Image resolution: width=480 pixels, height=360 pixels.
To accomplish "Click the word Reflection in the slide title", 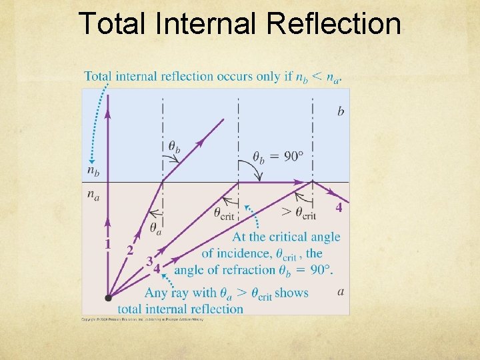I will [x=334, y=24].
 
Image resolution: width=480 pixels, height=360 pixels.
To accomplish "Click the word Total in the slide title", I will [x=110, y=24].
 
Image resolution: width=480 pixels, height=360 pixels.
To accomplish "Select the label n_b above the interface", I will [x=94, y=171].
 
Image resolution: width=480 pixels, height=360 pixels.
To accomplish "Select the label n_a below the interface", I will [x=94, y=195].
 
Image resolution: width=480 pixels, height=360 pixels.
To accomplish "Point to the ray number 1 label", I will [x=107, y=244].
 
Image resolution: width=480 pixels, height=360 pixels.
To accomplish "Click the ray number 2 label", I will [x=130, y=250].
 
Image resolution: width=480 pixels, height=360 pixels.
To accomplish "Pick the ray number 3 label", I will [x=149, y=260].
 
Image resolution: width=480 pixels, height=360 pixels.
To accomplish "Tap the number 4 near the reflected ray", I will [x=339, y=207].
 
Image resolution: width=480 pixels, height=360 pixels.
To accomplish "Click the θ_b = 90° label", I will [x=278, y=157].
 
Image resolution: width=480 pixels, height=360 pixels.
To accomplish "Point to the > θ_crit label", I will [x=299, y=214].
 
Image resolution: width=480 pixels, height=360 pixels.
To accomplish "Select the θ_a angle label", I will [x=155, y=229].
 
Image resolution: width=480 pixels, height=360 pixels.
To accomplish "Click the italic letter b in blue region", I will [x=341, y=111].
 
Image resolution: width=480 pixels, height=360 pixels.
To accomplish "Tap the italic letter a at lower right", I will [x=341, y=291].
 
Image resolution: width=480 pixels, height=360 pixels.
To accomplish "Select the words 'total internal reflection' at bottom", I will [x=180, y=309].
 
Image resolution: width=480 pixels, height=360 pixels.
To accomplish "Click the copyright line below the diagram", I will [x=143, y=319].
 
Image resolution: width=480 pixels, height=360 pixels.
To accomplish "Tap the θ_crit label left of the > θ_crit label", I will [x=227, y=214].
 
